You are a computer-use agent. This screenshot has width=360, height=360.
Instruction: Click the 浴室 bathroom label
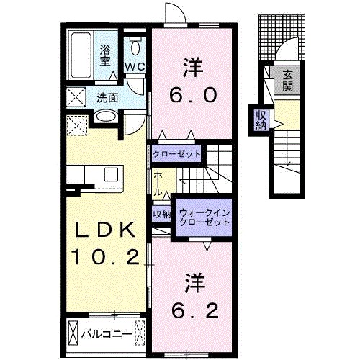coord(106,56)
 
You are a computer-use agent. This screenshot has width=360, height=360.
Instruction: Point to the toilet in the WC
coord(136,48)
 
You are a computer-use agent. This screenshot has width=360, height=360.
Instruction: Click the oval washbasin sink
coord(106,116)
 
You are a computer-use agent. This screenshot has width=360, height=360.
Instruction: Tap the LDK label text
coord(103,232)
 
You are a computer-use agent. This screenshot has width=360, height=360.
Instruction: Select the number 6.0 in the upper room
coord(192,94)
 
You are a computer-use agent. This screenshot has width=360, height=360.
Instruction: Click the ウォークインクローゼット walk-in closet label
coord(205,217)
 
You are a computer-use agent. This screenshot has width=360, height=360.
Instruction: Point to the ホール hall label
coord(158,184)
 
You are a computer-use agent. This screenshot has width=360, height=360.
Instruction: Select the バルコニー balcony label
coord(109,333)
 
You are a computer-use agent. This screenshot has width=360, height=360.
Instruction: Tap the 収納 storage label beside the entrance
coord(260,120)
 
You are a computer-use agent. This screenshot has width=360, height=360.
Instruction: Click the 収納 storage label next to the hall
coord(161,215)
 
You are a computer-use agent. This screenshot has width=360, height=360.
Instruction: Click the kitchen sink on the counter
coord(112,175)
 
